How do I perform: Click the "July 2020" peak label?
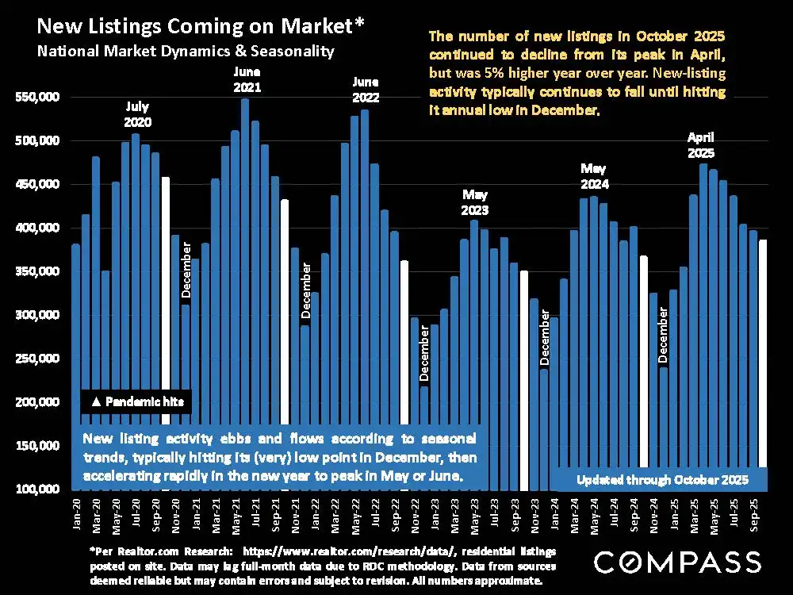tap(137, 114)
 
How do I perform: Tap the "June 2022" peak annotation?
tap(366, 90)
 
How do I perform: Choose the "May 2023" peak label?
tap(474, 202)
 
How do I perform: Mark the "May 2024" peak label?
tap(593, 176)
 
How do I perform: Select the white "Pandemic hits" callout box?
tap(135, 402)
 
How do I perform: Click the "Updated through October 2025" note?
tap(663, 480)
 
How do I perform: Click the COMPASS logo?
tap(677, 562)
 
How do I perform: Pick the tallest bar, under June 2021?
tap(245, 294)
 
